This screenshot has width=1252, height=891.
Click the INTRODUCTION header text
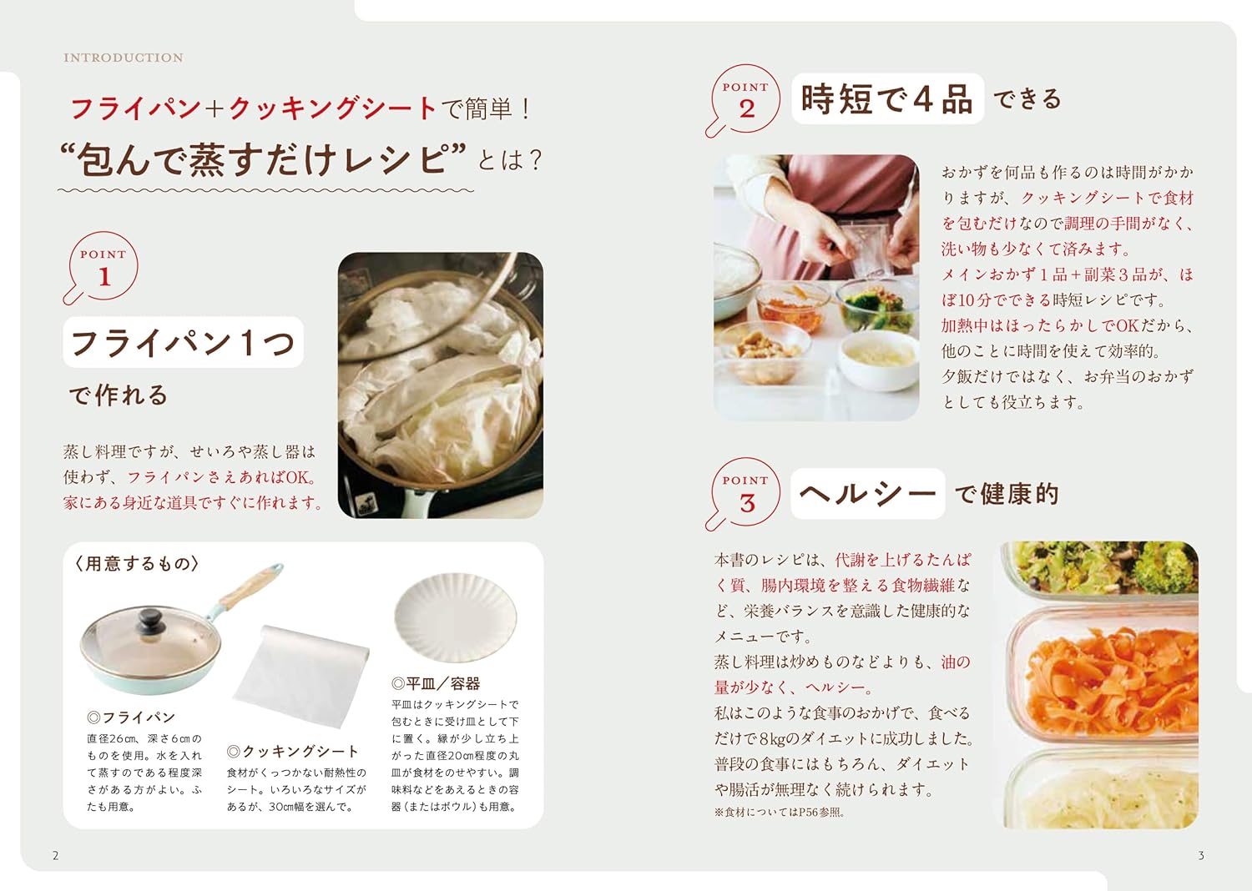click(124, 58)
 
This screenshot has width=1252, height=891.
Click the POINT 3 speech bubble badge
click(745, 493)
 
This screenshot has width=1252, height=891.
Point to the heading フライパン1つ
click(183, 342)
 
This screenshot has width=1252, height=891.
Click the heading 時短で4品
click(886, 99)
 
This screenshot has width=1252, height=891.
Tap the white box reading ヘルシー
click(867, 493)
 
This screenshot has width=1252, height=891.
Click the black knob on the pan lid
click(151, 620)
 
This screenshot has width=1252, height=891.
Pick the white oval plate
click(455, 618)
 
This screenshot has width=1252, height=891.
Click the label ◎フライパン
click(131, 717)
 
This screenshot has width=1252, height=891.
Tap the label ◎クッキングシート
click(292, 752)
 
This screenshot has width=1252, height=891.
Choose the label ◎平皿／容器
click(436, 684)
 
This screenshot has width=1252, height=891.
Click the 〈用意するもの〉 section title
click(137, 564)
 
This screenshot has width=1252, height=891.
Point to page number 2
click(56, 855)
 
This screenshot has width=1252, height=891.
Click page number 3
click(1201, 855)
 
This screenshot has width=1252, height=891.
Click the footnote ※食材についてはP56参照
click(779, 813)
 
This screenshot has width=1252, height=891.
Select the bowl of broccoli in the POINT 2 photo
click(872, 305)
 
